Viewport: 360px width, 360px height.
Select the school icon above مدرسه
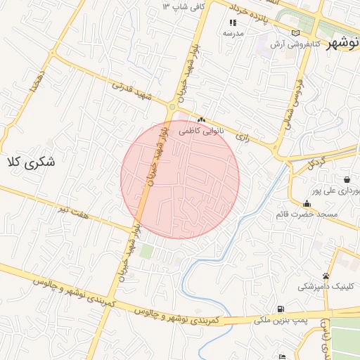click(x=233, y=23)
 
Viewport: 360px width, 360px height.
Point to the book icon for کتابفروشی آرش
click(x=295, y=32)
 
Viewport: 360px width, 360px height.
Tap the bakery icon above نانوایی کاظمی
click(x=201, y=120)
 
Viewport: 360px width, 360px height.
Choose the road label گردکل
click(x=318, y=164)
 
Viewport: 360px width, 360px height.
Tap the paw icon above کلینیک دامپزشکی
click(x=326, y=276)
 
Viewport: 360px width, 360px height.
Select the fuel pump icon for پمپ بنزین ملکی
click(x=281, y=309)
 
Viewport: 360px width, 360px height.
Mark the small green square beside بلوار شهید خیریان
click(x=146, y=250)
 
